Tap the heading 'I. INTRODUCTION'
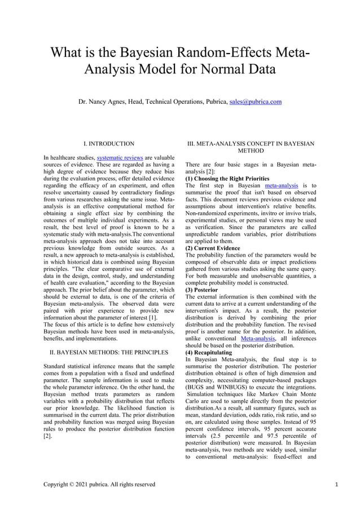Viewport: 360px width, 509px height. tap(108, 144)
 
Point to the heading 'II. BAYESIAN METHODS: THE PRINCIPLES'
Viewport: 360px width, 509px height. tap(108, 352)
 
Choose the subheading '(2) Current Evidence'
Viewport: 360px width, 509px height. tap(212, 248)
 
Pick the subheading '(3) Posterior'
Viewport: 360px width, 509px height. tap(203, 289)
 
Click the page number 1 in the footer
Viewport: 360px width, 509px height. tap(336, 484)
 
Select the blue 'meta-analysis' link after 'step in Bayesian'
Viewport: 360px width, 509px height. tap(283, 185)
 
